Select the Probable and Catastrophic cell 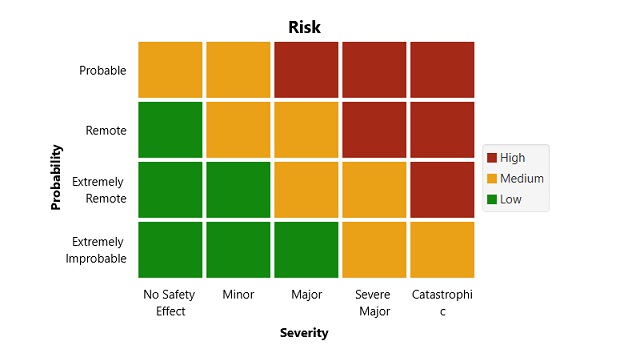pyautogui.click(x=441, y=70)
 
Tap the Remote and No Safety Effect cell pyautogui.click(x=170, y=130)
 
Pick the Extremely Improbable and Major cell pyautogui.click(x=305, y=250)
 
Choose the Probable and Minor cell pyautogui.click(x=238, y=70)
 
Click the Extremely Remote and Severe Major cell pyautogui.click(x=373, y=190)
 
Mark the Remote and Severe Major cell pyautogui.click(x=373, y=130)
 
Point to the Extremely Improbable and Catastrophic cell pyautogui.click(x=441, y=250)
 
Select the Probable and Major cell pyautogui.click(x=305, y=70)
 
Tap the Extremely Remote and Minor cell pyautogui.click(x=238, y=190)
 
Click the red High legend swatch pyautogui.click(x=492, y=158)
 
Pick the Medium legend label pyautogui.click(x=522, y=179)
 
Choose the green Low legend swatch pyautogui.click(x=492, y=199)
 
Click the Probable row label pyautogui.click(x=102, y=70)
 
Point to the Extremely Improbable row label pyautogui.click(x=96, y=250)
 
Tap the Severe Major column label pyautogui.click(x=373, y=303)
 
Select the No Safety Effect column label pyautogui.click(x=170, y=303)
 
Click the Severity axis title pyautogui.click(x=304, y=334)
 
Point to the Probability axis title pyautogui.click(x=57, y=177)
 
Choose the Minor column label pyautogui.click(x=238, y=295)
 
